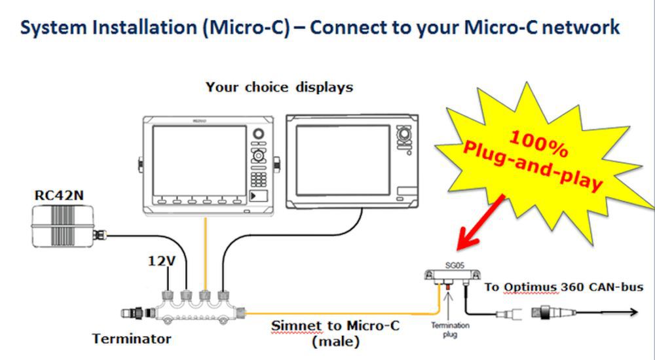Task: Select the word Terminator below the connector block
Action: tap(132, 338)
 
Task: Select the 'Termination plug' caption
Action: tap(449, 328)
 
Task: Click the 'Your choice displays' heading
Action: tap(279, 87)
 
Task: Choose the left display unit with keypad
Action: tap(210, 164)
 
